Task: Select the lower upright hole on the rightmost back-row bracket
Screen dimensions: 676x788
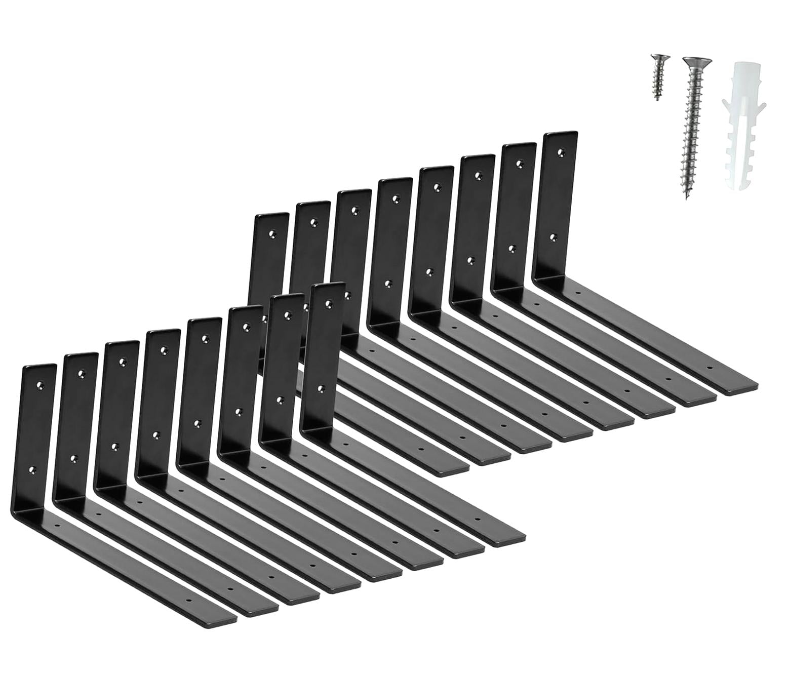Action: pos(554,236)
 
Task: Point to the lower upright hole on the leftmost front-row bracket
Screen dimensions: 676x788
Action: pos(33,470)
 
